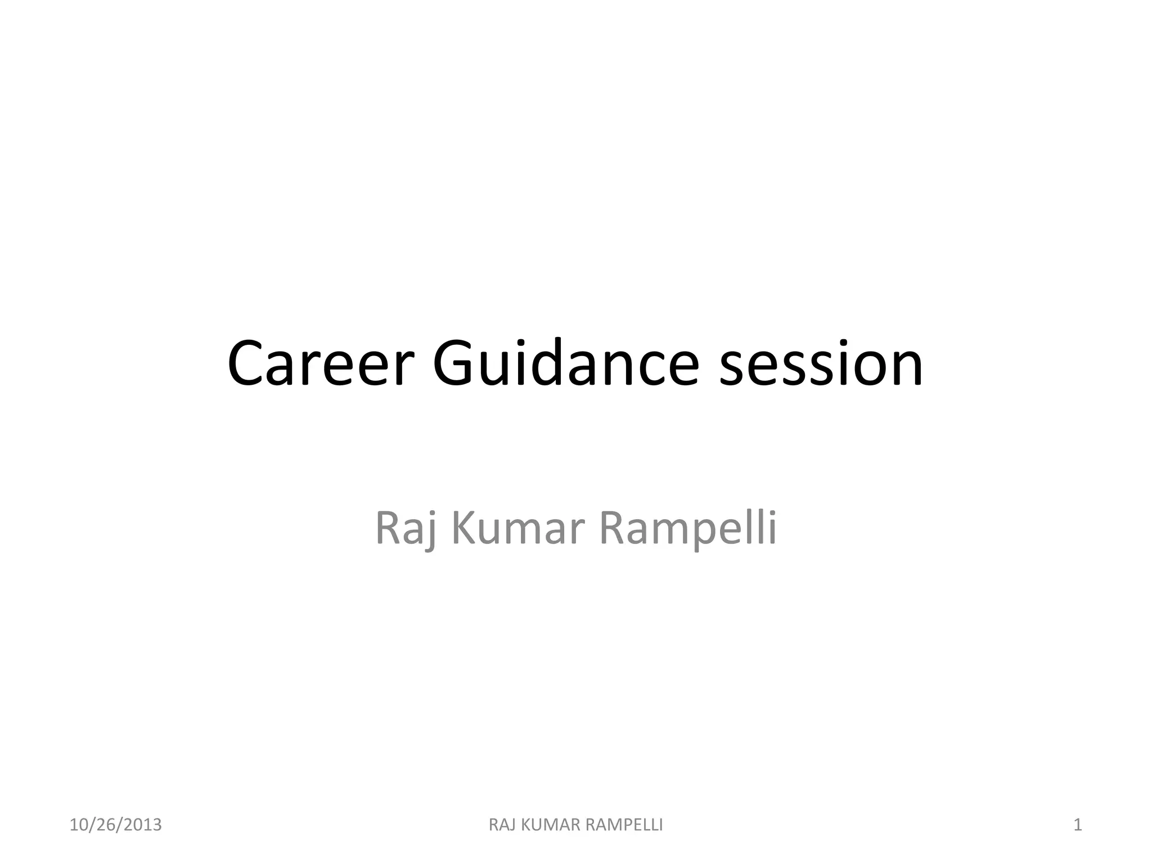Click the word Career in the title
321,364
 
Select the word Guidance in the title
566,364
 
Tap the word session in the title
821,364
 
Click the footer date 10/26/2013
115,825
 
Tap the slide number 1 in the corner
1077,825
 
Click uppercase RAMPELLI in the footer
624,825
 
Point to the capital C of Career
247,364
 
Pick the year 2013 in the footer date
143,825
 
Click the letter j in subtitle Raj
430,532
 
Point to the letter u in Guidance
500,368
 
